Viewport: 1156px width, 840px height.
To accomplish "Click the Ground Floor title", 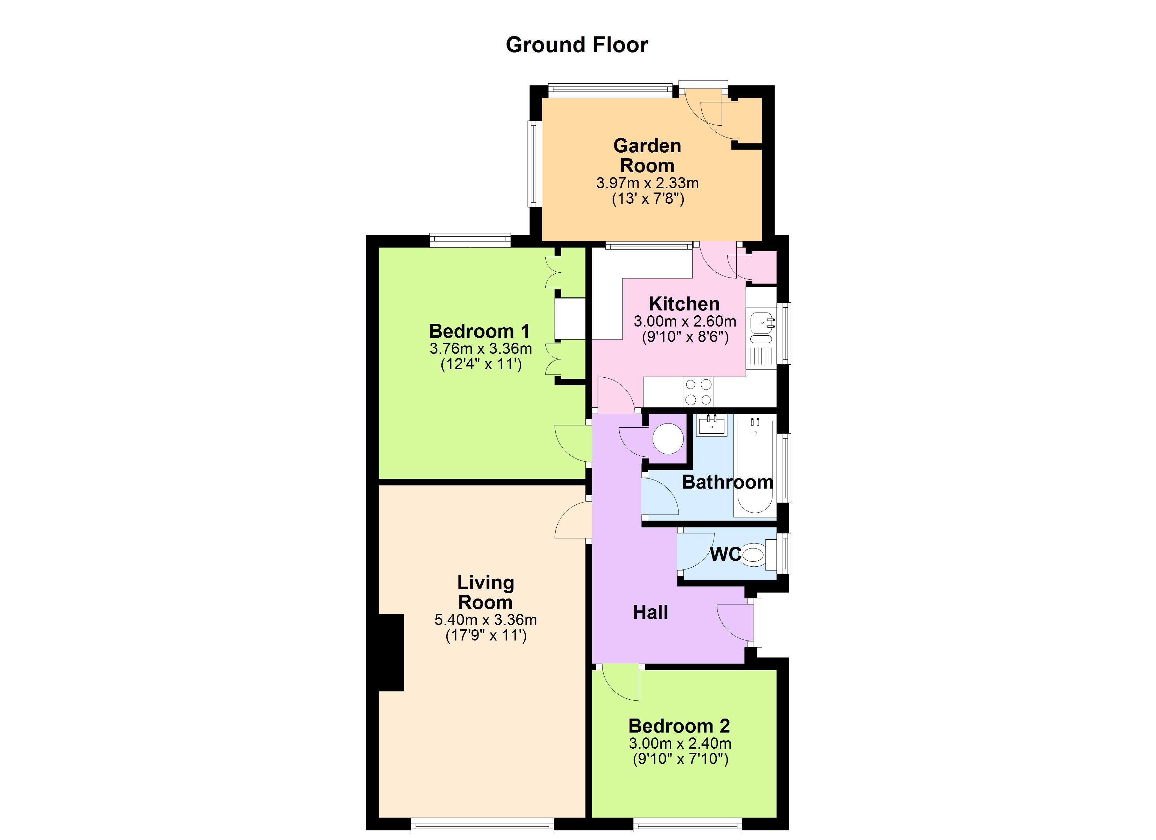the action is (x=577, y=45).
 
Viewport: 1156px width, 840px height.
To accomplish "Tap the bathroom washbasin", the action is (x=711, y=425).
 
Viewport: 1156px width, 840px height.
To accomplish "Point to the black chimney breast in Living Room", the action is (x=391, y=652).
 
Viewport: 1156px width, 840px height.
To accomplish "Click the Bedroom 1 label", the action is (x=479, y=331).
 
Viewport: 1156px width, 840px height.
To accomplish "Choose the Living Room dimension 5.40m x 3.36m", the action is (x=485, y=619).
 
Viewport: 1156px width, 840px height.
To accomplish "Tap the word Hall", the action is (x=651, y=612).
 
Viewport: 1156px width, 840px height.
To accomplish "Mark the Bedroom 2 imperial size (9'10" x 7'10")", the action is (x=680, y=759).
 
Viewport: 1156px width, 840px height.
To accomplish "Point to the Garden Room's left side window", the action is (x=534, y=163).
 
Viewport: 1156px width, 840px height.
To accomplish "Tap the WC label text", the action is (x=725, y=554).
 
